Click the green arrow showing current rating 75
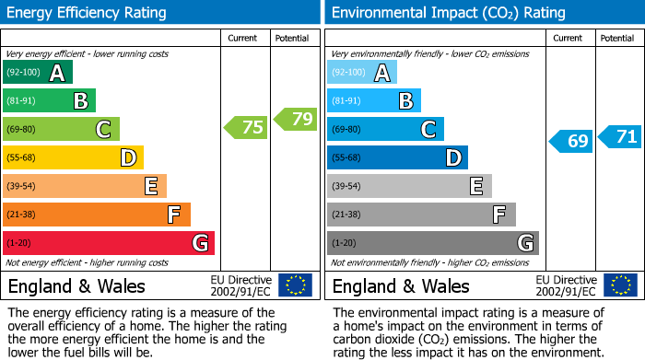pyautogui.click(x=246, y=128)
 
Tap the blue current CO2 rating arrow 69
pyautogui.click(x=570, y=141)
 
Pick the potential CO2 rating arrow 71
pyautogui.click(x=620, y=137)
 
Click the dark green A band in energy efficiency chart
pyautogui.click(x=38, y=73)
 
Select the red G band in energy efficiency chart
pyautogui.click(x=109, y=243)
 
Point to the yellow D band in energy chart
pyautogui.click(x=74, y=158)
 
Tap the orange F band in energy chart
pyautogui.click(x=97, y=215)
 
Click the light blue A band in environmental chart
pyautogui.click(x=362, y=73)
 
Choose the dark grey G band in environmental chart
pyautogui.click(x=433, y=243)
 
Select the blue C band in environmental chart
pyautogui.click(x=385, y=130)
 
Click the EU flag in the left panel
pyautogui.click(x=295, y=285)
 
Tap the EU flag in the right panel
pyautogui.click(x=619, y=285)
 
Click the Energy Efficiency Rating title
pyautogui.click(x=88, y=13)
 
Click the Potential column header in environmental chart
pyautogui.click(x=617, y=38)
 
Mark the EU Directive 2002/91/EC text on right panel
pyautogui.click(x=566, y=285)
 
